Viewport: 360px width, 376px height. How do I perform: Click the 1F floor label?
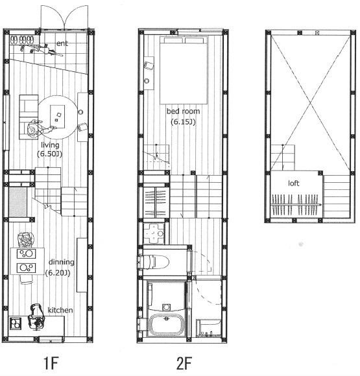[x=51, y=363]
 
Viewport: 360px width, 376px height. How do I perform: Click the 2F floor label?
[x=184, y=363]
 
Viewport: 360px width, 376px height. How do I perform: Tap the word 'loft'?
[x=294, y=183]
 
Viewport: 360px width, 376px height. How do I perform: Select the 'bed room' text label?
[x=183, y=112]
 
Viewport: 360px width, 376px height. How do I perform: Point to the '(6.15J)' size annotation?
[x=183, y=122]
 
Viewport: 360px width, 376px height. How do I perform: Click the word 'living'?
[x=50, y=145]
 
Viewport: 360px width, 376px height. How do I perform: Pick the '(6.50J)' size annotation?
[x=50, y=154]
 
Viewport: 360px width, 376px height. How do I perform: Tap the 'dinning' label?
[x=62, y=262]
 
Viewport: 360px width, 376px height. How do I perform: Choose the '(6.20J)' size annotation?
[x=58, y=273]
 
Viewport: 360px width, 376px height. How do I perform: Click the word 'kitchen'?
[x=60, y=310]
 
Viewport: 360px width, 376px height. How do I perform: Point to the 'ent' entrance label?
[x=62, y=43]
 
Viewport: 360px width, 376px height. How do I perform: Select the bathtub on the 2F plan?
[x=166, y=324]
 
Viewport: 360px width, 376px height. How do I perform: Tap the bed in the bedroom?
[x=184, y=70]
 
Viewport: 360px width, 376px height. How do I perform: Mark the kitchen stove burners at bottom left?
[x=16, y=323]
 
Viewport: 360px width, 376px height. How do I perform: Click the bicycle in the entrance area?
[x=42, y=50]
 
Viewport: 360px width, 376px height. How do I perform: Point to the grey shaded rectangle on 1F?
[x=18, y=202]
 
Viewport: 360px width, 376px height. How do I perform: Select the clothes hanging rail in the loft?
[x=296, y=205]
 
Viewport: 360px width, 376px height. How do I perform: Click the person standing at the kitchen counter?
[x=36, y=317]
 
